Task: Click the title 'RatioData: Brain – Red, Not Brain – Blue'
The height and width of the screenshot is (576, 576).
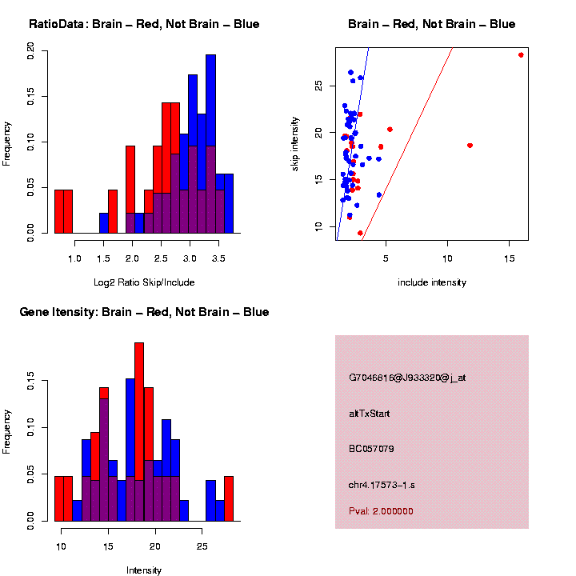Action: click(144, 24)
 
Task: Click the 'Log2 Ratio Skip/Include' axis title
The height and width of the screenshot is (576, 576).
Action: click(144, 282)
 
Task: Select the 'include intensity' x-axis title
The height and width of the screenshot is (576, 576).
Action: click(431, 282)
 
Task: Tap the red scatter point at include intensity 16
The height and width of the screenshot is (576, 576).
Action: click(521, 55)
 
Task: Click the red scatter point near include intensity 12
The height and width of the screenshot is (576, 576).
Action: click(470, 146)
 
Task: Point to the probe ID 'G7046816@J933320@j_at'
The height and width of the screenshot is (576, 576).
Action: click(407, 378)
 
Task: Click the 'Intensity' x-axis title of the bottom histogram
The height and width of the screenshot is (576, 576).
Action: click(144, 570)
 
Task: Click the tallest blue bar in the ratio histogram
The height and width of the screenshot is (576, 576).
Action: click(210, 144)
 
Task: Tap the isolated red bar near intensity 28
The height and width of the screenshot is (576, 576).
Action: click(229, 499)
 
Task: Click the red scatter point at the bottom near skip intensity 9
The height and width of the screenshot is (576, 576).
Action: click(360, 233)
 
